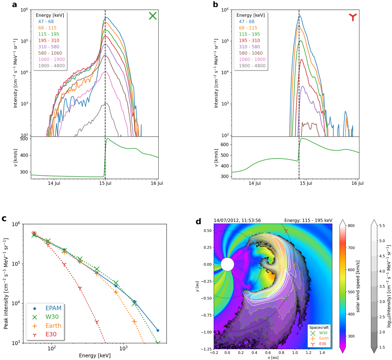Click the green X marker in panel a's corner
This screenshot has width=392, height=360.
click(153, 16)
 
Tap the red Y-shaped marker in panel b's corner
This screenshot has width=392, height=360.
click(353, 17)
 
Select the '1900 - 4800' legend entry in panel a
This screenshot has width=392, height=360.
click(51, 66)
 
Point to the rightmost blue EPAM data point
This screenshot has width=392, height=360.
click(158, 330)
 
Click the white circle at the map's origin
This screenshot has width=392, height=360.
click(227, 264)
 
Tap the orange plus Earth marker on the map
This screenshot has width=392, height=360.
click(295, 264)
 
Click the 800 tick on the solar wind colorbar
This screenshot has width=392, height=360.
click(351, 226)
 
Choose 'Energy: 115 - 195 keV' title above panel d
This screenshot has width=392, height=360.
click(308, 221)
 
